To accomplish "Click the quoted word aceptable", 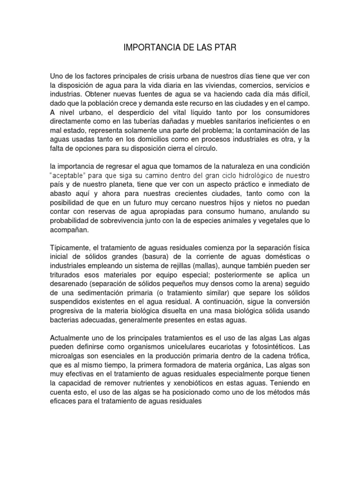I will tap(70, 175).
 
